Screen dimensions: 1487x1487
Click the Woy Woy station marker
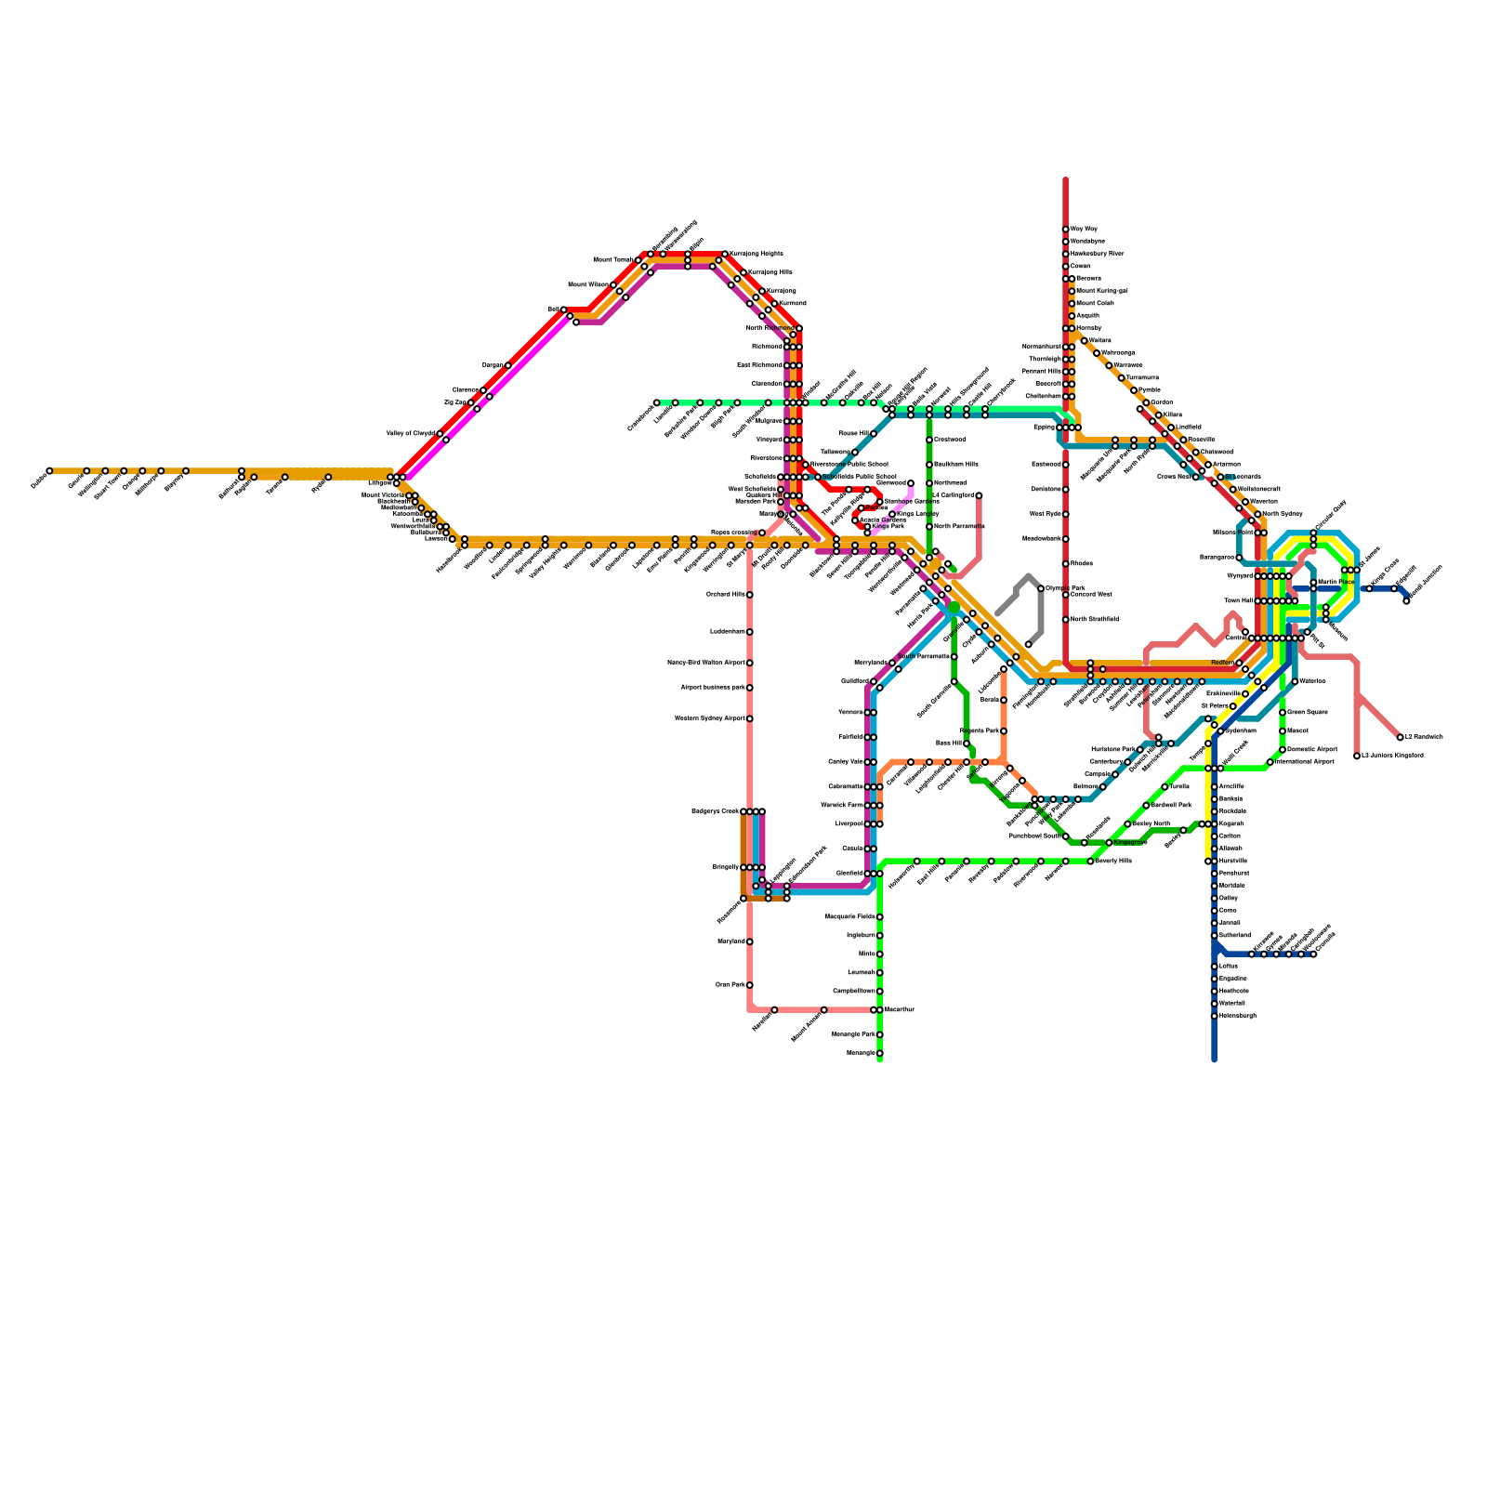[x=1066, y=229]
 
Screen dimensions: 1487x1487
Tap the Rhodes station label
[x=1082, y=563]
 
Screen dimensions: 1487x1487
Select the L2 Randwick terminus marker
[x=1401, y=737]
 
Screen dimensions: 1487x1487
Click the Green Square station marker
[x=1283, y=713]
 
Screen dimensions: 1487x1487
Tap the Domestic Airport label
[x=1312, y=749]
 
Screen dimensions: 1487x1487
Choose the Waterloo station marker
[x=1295, y=682]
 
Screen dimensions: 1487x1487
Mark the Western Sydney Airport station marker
[x=750, y=718]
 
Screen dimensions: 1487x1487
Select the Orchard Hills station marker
[x=750, y=595]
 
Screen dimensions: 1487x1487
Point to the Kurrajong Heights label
[x=757, y=254]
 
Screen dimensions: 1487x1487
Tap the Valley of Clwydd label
[x=411, y=434]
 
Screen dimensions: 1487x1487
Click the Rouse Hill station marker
[x=874, y=433]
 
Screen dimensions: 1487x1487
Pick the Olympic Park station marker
[x=1041, y=588]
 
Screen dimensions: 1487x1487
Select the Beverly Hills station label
[x=1114, y=861]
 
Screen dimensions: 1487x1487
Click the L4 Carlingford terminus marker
[x=979, y=495]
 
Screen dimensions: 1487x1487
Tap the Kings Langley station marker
[x=892, y=514]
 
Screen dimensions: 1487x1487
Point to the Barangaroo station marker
[x=1239, y=558]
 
